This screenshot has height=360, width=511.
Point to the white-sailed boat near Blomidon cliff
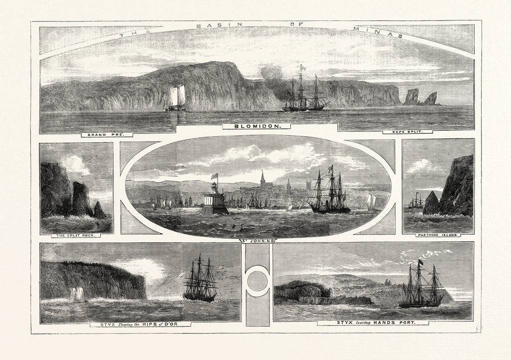click(x=176, y=98)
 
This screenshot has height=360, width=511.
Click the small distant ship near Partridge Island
click(x=415, y=201)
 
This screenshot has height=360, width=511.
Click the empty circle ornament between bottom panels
click(x=257, y=281)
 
